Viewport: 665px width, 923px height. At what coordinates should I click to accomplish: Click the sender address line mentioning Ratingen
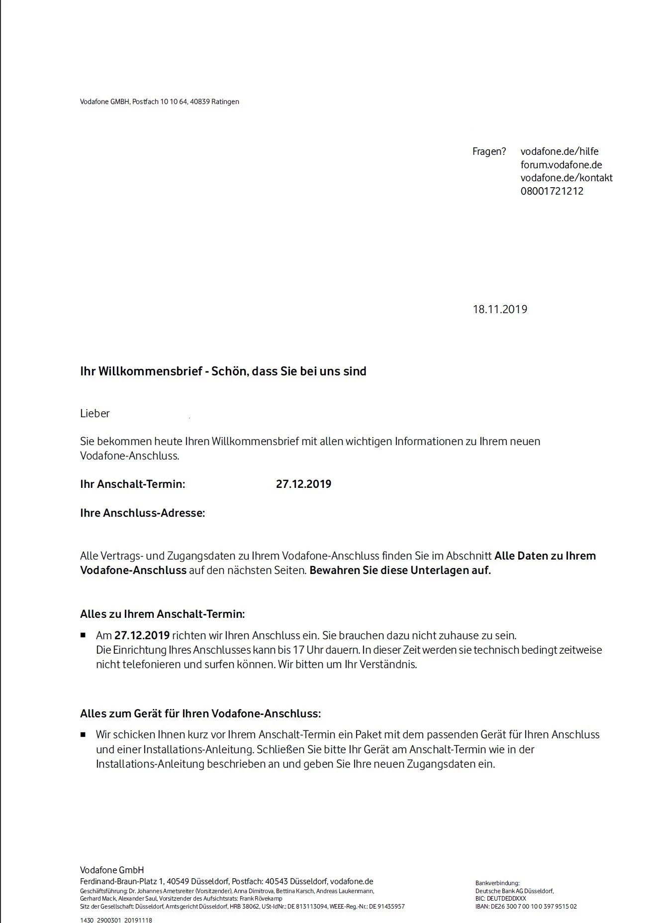coord(159,102)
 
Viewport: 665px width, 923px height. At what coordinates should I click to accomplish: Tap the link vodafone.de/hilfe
coord(559,151)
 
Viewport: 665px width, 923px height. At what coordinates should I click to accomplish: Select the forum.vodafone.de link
coord(561,165)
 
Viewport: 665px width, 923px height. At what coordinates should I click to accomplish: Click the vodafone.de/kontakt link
coord(566,178)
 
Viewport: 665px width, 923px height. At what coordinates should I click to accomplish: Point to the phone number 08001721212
coord(552,191)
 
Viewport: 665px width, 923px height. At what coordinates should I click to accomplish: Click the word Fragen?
coord(489,151)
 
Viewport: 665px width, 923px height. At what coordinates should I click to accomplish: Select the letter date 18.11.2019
coord(499,309)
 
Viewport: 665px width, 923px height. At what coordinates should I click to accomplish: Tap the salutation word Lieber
coord(95,413)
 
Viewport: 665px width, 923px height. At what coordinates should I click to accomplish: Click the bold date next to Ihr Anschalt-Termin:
coord(303,484)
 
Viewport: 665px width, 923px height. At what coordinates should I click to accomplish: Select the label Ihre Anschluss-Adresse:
coord(142,513)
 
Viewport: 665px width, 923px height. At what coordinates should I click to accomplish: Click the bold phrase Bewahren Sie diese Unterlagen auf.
coord(400,571)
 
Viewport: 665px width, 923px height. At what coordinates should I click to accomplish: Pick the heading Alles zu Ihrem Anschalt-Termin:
coord(162,614)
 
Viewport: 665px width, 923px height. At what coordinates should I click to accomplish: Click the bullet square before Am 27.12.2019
coord(83,636)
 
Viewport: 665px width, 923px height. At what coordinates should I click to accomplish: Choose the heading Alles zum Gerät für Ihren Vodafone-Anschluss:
coord(200,713)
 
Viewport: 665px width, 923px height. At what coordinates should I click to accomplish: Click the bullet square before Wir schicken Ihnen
coord(83,734)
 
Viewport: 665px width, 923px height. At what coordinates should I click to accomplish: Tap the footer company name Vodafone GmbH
coord(112,870)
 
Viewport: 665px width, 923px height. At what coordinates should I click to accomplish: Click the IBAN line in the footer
coord(525,907)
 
